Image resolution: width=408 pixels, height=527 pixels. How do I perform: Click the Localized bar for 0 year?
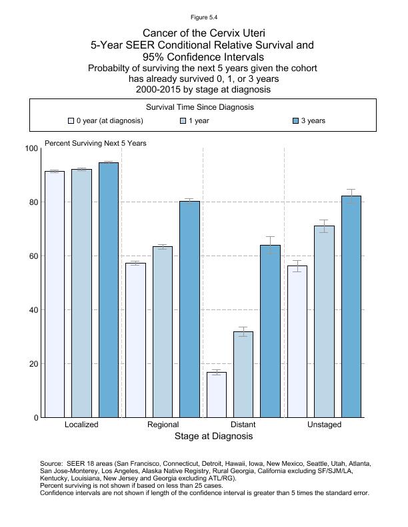point(55,294)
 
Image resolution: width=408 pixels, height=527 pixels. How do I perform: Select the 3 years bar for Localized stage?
point(109,290)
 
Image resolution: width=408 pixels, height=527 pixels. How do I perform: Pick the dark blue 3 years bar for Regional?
point(189,309)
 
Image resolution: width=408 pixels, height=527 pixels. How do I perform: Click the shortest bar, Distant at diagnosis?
point(217,395)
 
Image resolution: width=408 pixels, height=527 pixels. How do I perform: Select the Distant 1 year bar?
point(243,375)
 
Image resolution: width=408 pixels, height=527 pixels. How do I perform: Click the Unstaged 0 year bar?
point(297,341)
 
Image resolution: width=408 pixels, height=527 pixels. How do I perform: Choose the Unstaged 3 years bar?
point(351,307)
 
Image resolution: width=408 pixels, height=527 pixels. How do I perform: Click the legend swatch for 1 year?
point(183,121)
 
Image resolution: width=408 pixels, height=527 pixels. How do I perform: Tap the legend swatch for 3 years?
point(297,121)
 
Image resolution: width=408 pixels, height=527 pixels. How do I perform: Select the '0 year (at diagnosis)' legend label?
point(109,121)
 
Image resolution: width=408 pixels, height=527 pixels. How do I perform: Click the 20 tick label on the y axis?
point(33,364)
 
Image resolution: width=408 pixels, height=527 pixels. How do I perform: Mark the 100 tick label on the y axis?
point(31,148)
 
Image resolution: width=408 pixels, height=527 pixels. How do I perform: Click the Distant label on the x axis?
point(243,425)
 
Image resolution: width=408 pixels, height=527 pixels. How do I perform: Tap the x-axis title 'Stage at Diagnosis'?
point(213,437)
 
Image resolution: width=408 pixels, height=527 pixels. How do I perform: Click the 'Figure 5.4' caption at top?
point(203,17)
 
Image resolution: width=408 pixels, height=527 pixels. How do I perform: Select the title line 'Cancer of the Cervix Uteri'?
point(203,33)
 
